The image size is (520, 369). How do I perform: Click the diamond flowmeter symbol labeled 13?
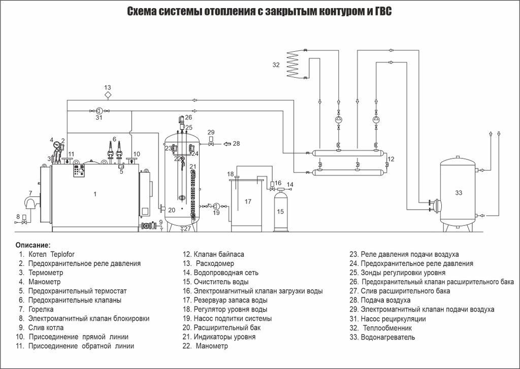pyautogui.click(x=108, y=95)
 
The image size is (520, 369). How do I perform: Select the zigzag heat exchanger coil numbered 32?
pyautogui.click(x=293, y=64)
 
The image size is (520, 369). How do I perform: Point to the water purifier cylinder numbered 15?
pyautogui.click(x=280, y=208)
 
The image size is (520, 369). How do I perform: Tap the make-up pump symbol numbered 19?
pyautogui.click(x=216, y=206)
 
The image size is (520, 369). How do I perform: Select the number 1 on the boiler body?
pyautogui.click(x=94, y=193)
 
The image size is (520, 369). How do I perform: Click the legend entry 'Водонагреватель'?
pyautogui.click(x=387, y=337)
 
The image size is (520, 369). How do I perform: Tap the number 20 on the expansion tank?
pyautogui.click(x=171, y=210)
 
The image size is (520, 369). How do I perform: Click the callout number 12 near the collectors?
pyautogui.click(x=390, y=159)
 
